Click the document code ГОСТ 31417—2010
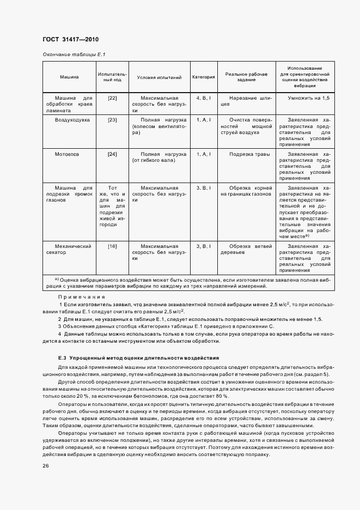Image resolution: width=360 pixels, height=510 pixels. pyautogui.click(x=70, y=40)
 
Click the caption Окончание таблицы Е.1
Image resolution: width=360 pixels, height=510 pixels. pyautogui.click(x=74, y=54)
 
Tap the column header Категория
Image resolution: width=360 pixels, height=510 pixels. pyautogui.click(x=204, y=77)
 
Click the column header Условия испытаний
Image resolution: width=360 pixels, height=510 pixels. pyautogui.click(x=159, y=77)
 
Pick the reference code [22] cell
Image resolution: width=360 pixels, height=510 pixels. pyautogui.click(x=113, y=98)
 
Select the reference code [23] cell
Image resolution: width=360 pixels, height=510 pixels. pyautogui.click(x=113, y=119)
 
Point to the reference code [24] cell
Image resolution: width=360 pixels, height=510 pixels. pyautogui.click(x=113, y=155)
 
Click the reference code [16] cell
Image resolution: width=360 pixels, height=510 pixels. pyautogui.click(x=113, y=246)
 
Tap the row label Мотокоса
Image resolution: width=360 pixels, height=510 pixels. pyautogui.click(x=67, y=155)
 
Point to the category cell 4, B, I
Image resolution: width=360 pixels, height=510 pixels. pyautogui.click(x=204, y=98)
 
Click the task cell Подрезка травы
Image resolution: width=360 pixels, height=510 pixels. pyautogui.click(x=249, y=155)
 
